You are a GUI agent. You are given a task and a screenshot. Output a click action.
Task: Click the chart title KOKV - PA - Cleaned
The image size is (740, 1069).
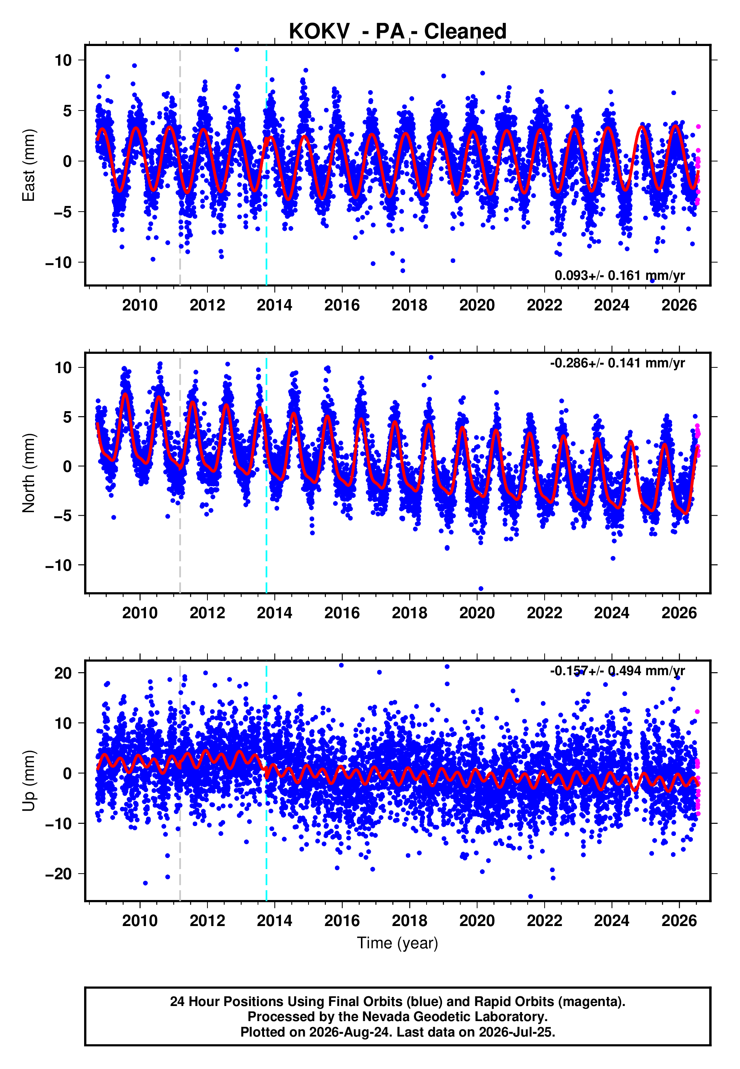(398, 32)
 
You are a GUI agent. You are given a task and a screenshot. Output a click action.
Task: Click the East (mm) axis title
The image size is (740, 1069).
(29, 165)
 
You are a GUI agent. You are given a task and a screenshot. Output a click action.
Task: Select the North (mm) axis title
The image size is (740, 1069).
(29, 473)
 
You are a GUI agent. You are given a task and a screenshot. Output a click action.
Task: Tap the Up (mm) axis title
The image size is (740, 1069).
(29, 781)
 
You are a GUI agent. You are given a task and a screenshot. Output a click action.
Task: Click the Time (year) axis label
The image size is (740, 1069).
(398, 943)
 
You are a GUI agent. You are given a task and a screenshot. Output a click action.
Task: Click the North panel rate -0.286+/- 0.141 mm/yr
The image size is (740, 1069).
(617, 362)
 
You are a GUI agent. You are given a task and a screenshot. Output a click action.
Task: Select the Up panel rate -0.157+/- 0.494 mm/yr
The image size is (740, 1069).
(617, 670)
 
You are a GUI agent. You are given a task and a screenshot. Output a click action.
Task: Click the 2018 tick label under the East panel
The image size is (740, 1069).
(409, 305)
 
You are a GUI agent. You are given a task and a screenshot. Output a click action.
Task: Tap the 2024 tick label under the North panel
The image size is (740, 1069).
(611, 613)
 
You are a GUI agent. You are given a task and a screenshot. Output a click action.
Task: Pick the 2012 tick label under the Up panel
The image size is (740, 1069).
(207, 921)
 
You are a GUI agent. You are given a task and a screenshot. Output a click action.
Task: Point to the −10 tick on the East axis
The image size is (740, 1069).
(58, 263)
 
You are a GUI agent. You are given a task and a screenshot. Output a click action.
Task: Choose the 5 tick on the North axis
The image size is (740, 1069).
(68, 417)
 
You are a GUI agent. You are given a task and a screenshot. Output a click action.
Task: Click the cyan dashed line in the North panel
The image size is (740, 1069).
(266, 473)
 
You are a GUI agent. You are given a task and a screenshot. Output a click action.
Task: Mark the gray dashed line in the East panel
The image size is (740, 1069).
(180, 166)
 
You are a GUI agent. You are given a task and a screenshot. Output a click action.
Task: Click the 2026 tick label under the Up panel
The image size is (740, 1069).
(679, 921)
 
